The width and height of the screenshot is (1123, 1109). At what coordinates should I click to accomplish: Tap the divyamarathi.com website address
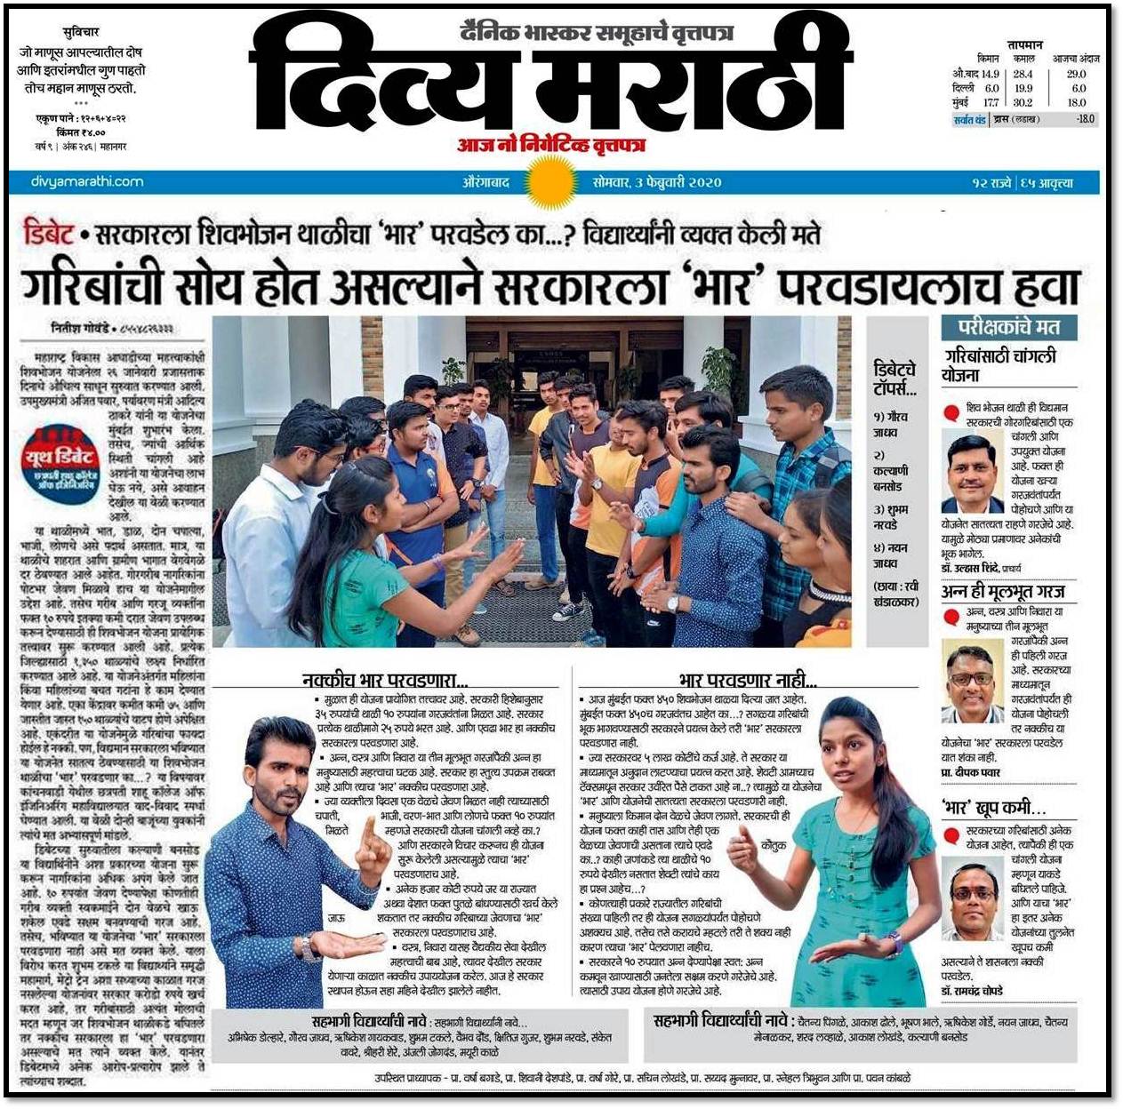(x=87, y=181)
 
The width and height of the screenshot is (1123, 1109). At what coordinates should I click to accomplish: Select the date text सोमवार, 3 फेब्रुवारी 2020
(x=657, y=182)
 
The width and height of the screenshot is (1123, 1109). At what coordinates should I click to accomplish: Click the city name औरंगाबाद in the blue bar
(x=485, y=182)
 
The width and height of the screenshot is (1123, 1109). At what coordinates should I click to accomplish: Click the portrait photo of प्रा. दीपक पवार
(x=972, y=684)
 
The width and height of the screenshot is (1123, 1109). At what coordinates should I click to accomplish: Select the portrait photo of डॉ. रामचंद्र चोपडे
(x=972, y=899)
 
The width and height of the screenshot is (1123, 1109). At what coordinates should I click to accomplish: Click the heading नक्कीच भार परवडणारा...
(x=384, y=681)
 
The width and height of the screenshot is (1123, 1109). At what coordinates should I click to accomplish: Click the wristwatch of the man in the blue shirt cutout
(x=309, y=950)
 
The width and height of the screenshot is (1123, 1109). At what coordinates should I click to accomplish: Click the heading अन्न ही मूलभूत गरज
(x=1002, y=591)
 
